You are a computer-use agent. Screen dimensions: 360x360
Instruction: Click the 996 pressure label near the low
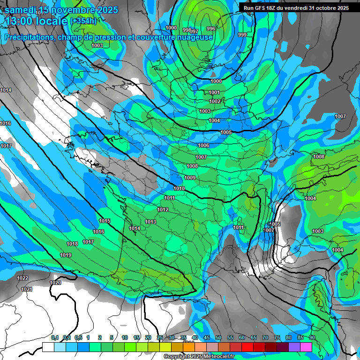pos(210,29)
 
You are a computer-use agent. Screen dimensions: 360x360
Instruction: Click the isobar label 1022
pos(22,278)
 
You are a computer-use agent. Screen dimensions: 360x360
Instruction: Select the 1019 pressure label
pos(66,255)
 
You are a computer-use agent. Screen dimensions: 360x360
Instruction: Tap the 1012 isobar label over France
pos(163,210)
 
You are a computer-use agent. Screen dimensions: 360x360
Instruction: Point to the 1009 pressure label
pos(190,178)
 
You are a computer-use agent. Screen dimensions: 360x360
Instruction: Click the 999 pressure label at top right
pos(242,35)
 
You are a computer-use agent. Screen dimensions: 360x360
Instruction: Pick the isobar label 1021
pos(27,289)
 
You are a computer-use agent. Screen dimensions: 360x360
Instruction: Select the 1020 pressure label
pos(55,283)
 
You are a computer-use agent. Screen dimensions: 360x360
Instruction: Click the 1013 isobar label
pos(150,222)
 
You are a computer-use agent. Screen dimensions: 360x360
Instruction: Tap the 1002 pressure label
pos(215,101)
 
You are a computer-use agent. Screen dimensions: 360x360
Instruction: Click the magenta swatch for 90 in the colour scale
pos(306,347)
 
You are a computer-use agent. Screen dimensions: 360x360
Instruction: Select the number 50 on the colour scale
pos(218,337)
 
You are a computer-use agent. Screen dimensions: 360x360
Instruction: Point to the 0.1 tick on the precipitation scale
pos(55,337)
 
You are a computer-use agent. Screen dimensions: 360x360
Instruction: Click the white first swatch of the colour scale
pos(48,347)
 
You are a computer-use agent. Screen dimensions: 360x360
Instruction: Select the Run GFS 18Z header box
pos(294,8)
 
